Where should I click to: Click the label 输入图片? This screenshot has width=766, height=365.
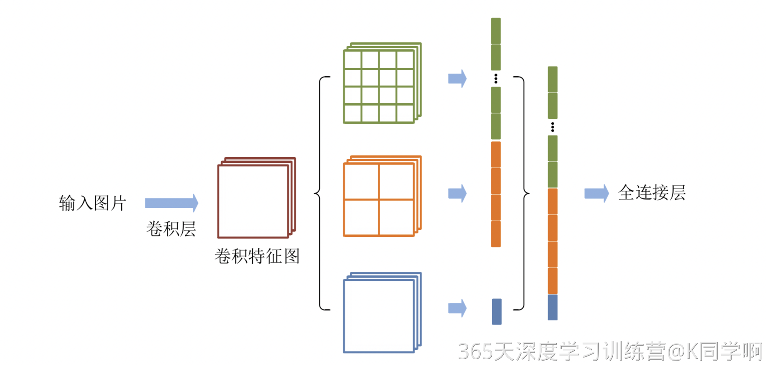point(92,203)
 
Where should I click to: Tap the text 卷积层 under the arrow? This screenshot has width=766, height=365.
point(171,229)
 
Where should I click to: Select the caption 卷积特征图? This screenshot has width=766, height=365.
point(257,256)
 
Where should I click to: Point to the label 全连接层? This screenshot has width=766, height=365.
point(652,193)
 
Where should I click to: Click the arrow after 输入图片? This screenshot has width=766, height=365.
point(171,203)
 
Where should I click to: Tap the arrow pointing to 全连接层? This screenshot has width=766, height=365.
point(596,193)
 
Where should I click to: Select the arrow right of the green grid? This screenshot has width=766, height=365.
point(457,78)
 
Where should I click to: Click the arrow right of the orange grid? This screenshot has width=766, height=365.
point(457,193)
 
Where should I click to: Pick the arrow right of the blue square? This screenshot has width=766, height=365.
point(457,308)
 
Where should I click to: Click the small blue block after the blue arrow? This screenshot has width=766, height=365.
point(497,312)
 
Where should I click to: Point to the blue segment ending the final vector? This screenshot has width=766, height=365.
point(553,307)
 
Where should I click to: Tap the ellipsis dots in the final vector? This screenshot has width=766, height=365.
point(553,127)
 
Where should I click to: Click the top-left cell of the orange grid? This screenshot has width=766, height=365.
point(361,182)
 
